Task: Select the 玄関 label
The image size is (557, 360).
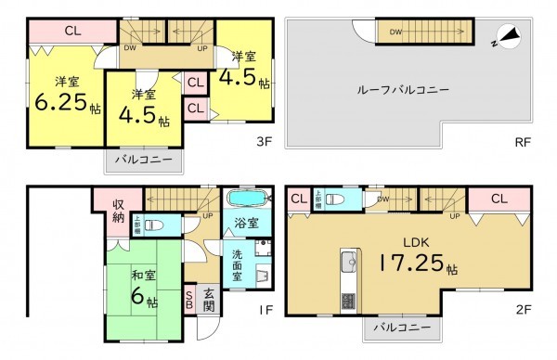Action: tap(209, 299)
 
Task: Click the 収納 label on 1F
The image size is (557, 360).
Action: tap(119, 211)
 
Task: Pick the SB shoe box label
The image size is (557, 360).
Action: tap(190, 298)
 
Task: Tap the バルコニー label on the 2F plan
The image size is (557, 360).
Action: tap(401, 328)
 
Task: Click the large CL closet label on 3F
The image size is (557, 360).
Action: tap(71, 30)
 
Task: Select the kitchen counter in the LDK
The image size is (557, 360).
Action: tap(349, 278)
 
